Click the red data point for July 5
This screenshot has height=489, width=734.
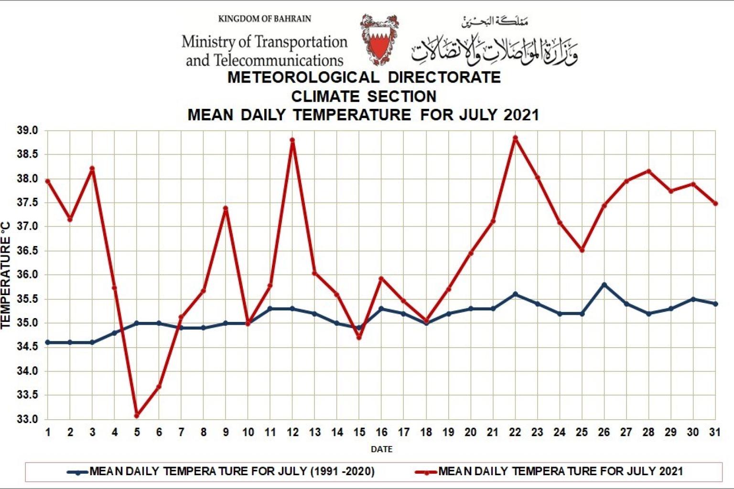(137, 415)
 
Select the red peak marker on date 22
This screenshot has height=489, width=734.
(515, 138)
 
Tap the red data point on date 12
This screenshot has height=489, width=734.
(292, 140)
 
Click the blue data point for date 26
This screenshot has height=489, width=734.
(604, 285)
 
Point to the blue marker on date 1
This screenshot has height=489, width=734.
(48, 342)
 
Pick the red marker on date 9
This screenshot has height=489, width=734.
(226, 208)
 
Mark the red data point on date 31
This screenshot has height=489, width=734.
(715, 203)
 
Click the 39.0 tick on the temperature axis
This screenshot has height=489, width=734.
(28, 130)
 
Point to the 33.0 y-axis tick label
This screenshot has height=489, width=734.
(28, 419)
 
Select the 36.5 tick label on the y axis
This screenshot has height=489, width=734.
(28, 251)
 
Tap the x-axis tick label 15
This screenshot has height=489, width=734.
(359, 432)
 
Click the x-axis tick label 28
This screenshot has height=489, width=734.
(648, 432)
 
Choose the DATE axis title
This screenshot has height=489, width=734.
(381, 449)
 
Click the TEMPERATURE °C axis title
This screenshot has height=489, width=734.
(6, 275)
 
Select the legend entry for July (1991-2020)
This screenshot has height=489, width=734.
(232, 472)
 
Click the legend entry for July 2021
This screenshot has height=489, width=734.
(560, 472)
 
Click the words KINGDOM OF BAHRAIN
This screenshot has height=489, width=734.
(264, 19)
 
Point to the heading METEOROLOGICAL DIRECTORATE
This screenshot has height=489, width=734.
(364, 77)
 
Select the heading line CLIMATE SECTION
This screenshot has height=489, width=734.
(364, 96)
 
